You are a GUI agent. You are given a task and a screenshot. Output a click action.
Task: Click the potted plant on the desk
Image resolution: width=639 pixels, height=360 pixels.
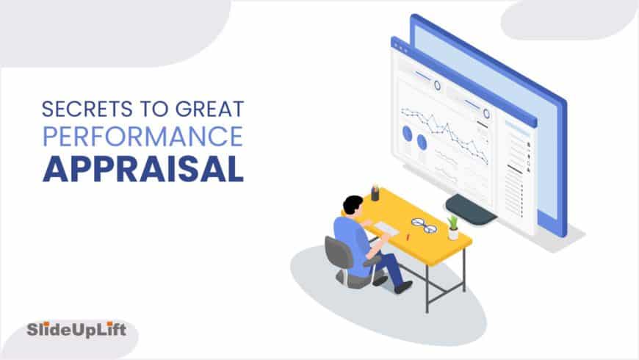point(453,227)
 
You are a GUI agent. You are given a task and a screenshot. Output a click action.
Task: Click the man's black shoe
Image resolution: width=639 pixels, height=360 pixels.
point(403,287)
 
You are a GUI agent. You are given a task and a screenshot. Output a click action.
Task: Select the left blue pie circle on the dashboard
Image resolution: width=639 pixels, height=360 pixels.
point(407,134)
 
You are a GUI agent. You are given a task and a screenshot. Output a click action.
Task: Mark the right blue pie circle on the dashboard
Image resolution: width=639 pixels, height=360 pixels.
point(422,141)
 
